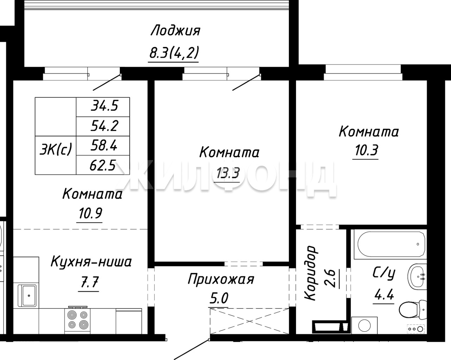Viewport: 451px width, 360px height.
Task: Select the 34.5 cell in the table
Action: tap(103, 107)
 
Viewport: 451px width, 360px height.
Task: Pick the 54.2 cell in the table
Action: tap(103, 126)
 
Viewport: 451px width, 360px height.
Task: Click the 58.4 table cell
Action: tap(103, 146)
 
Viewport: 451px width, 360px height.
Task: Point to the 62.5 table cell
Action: tap(103, 165)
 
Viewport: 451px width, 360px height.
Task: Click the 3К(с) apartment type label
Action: tap(56, 150)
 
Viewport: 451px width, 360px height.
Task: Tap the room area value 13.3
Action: tap(228, 173)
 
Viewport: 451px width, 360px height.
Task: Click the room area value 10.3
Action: tap(366, 151)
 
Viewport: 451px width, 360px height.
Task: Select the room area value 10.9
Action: tap(90, 213)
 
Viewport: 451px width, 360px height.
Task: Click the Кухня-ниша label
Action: tap(91, 262)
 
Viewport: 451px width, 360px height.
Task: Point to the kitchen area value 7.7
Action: tap(89, 282)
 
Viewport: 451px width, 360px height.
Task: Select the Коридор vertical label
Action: tap(310, 273)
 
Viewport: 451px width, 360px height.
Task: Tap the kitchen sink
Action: tap(27, 295)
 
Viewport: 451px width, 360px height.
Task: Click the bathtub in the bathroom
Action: tap(390, 244)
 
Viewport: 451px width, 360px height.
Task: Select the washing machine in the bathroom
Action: tap(364, 325)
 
